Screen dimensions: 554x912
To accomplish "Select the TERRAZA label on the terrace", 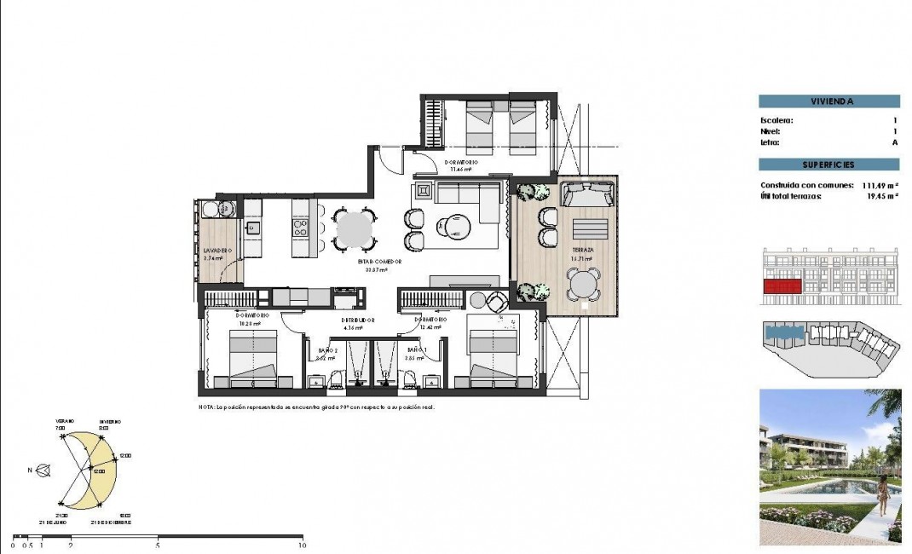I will [x=582, y=250].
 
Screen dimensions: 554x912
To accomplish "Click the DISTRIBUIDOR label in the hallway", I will [x=354, y=320].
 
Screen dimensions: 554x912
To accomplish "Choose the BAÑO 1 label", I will [x=416, y=349].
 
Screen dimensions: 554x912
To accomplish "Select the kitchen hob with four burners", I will [x=301, y=227].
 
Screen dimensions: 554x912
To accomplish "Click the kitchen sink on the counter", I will [x=252, y=227].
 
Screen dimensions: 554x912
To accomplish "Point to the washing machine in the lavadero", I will [x=226, y=208].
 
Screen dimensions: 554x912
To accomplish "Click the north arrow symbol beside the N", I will [x=43, y=469].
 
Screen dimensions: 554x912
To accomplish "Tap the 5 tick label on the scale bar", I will [x=159, y=545].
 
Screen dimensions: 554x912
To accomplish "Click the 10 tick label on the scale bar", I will [x=301, y=545].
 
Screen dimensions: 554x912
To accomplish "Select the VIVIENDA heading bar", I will [x=828, y=101].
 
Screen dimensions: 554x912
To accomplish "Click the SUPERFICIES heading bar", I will [x=828, y=164].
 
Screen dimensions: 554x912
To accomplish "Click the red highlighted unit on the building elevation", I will [x=782, y=287].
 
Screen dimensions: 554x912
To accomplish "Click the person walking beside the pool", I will [x=884, y=495].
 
